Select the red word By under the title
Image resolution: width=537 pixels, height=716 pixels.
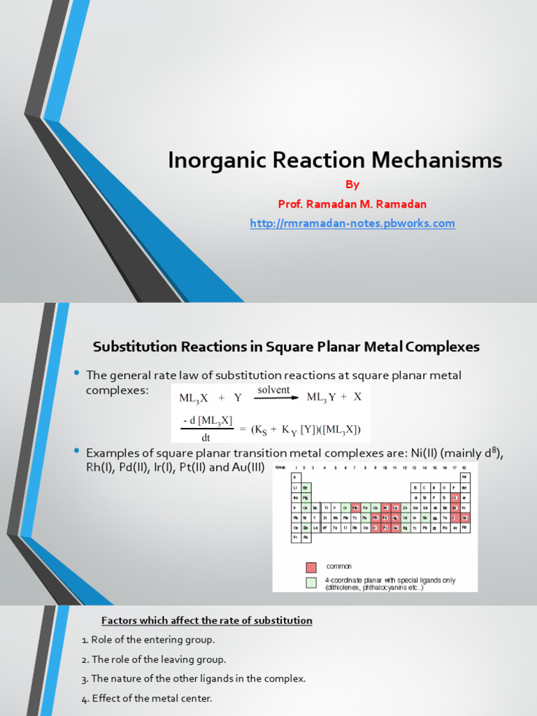point(352,185)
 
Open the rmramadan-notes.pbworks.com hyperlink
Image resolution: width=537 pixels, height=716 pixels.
point(352,224)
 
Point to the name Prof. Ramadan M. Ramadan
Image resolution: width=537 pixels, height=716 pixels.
point(352,203)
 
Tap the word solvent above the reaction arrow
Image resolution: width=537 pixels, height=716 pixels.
point(273,389)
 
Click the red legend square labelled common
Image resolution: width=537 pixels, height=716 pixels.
point(311,567)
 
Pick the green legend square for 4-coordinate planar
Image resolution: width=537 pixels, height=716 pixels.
point(311,582)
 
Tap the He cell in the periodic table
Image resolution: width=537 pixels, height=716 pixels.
point(464,476)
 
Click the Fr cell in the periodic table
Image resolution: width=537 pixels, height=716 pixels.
point(296,538)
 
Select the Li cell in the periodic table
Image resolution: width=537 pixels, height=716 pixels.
point(296,487)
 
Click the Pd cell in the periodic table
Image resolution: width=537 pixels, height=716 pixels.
point(385,517)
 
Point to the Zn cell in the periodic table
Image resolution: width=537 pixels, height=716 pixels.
point(405,508)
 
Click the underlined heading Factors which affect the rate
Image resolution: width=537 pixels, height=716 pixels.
point(207,621)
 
